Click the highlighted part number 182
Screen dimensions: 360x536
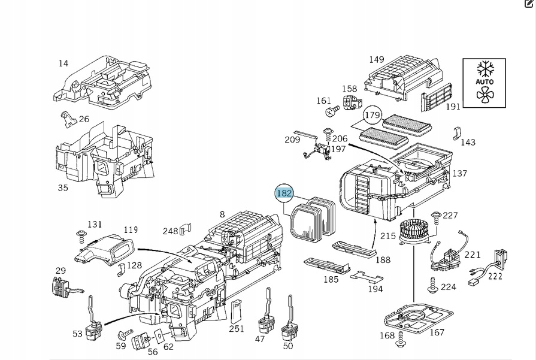click(x=284, y=193)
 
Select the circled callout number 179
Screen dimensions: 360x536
click(x=373, y=115)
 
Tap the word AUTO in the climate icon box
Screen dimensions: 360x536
click(x=484, y=81)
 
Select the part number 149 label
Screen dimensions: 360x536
click(x=376, y=59)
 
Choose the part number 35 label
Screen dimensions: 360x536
click(x=63, y=187)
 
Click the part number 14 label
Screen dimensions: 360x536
click(x=63, y=63)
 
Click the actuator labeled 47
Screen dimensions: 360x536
click(x=264, y=324)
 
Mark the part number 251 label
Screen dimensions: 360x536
click(x=237, y=328)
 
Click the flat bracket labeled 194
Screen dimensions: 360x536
click(x=366, y=277)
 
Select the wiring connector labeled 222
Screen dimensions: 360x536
click(x=501, y=259)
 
